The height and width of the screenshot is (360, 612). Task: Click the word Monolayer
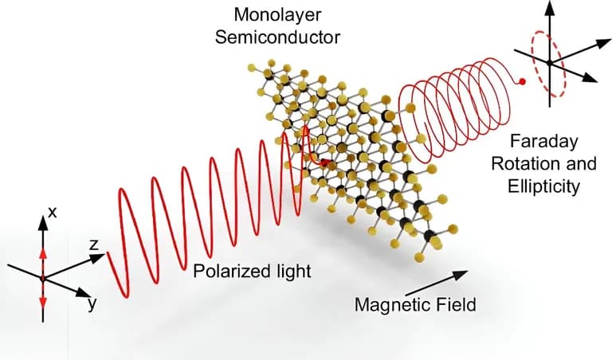click(277, 15)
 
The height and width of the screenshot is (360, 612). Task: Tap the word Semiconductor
click(277, 37)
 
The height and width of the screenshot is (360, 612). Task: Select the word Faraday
click(544, 142)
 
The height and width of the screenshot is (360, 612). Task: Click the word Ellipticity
click(543, 186)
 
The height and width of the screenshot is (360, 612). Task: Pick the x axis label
click(52, 213)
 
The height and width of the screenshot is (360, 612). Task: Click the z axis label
click(94, 245)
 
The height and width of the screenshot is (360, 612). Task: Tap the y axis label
click(92, 303)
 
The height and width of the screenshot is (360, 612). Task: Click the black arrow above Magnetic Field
click(437, 283)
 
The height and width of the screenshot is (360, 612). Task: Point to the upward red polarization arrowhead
click(43, 253)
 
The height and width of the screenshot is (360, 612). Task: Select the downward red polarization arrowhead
click(43, 302)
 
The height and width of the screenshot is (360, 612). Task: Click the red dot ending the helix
click(523, 81)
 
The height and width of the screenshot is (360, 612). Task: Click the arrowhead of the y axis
click(84, 293)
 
